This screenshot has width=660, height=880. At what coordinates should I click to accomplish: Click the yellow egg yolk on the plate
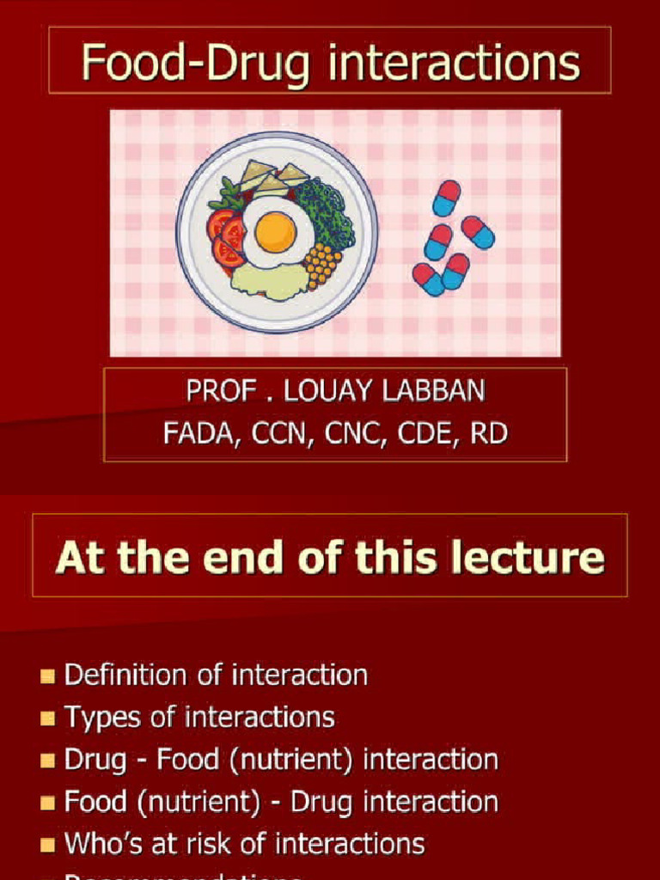coord(275,231)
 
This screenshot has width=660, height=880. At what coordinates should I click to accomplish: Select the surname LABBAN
coord(442,392)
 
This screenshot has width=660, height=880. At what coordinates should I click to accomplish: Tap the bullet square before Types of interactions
coord(47,718)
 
